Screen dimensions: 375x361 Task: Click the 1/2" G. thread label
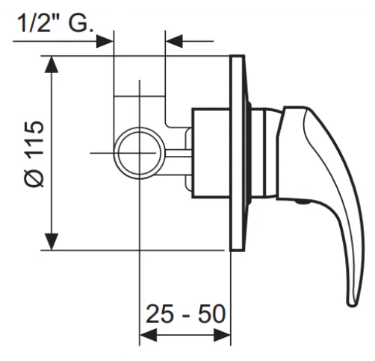[x=56, y=23]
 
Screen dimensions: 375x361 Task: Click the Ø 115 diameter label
[x=35, y=154]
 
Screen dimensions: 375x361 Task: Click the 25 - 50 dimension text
[x=186, y=313]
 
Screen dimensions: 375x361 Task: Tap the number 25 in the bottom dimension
[x=159, y=313]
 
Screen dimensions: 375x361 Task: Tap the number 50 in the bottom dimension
[x=212, y=313]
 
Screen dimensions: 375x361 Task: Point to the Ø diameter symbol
[x=35, y=178]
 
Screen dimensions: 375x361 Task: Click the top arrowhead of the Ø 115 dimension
[x=52, y=65]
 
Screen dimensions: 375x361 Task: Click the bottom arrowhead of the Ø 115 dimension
[x=52, y=242]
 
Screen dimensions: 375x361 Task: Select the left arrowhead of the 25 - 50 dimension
[x=149, y=335]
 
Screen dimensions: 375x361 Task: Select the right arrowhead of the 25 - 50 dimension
[x=222, y=335]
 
